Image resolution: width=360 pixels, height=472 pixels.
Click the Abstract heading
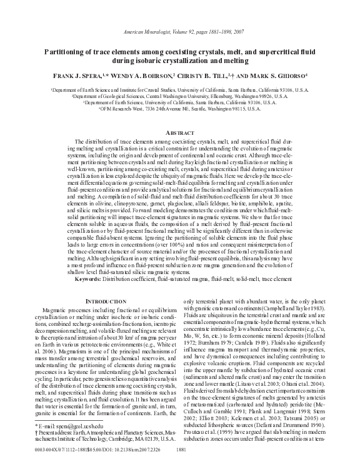pos(179,134)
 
